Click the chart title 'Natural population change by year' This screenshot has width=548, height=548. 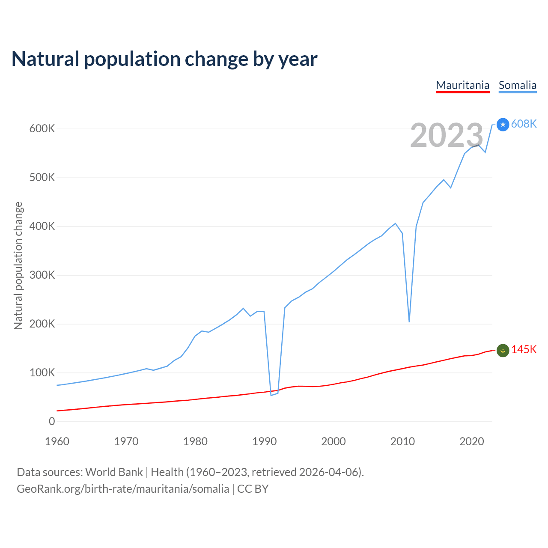pos(164,59)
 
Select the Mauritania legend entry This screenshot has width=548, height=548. pos(462,85)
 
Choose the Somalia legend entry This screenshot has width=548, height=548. pos(517,85)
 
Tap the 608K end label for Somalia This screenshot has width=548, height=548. pos(524,124)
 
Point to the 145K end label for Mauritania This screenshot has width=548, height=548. pos(524,350)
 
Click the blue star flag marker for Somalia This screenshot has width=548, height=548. pos(503,125)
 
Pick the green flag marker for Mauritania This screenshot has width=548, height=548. pos(503,350)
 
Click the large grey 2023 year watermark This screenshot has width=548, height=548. pos(447,135)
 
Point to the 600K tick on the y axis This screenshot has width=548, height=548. pos(42,128)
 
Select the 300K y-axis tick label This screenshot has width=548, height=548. pos(42,275)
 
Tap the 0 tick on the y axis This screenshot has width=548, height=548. pos(52,421)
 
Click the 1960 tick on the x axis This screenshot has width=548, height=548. pos(57,441)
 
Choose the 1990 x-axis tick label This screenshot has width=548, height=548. pos(265,441)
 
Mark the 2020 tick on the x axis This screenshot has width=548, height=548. pos(472,441)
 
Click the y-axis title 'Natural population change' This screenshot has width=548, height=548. pos(18,265)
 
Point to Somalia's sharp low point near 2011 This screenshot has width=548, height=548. pos(409,321)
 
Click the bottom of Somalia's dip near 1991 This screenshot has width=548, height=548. pos(271,395)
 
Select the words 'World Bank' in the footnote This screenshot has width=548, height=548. pos(114,472)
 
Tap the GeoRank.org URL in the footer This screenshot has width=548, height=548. pos(123,489)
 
